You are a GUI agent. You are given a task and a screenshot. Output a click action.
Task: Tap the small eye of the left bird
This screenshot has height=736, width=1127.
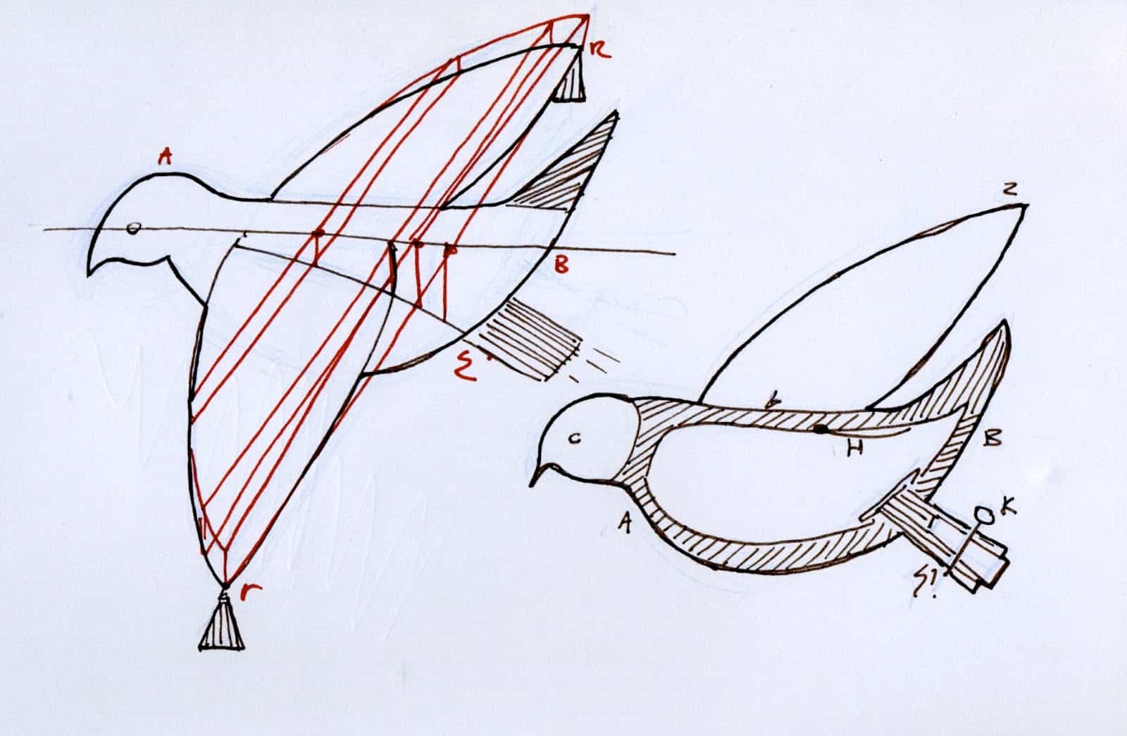pyautogui.click(x=132, y=227)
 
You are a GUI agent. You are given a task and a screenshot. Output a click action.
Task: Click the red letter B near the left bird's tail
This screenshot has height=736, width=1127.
pyautogui.click(x=561, y=266)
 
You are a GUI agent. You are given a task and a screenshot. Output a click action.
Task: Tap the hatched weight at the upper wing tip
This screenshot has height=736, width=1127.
pyautogui.click(x=568, y=80)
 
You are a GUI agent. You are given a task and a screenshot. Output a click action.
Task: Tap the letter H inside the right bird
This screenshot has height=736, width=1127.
pyautogui.click(x=855, y=449)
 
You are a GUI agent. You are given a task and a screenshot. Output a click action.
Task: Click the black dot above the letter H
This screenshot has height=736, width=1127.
pyautogui.click(x=818, y=428)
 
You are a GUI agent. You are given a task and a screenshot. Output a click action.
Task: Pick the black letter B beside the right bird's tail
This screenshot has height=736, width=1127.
pyautogui.click(x=991, y=439)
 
